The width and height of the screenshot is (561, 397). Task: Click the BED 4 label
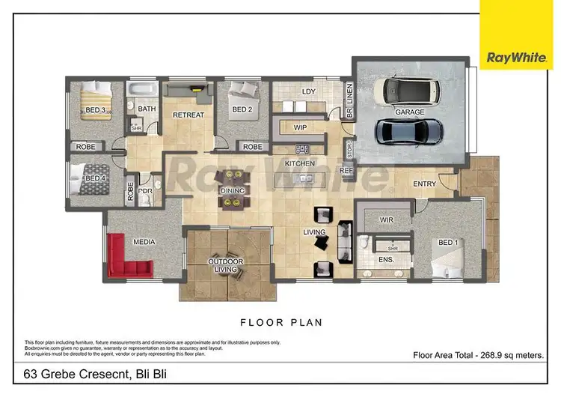point(94,178)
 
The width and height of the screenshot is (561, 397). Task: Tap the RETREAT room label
point(188,115)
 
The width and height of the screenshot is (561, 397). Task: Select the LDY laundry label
point(307,92)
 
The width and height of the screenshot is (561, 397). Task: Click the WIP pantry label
point(301,127)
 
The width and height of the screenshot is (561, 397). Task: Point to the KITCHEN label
point(300,163)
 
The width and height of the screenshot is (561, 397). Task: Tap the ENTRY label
point(424,184)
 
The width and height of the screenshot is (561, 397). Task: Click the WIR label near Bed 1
point(386,220)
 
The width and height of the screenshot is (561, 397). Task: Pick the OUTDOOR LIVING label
point(225,265)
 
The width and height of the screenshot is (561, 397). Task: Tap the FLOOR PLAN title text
point(280,323)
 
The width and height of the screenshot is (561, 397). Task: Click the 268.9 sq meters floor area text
point(478,355)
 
